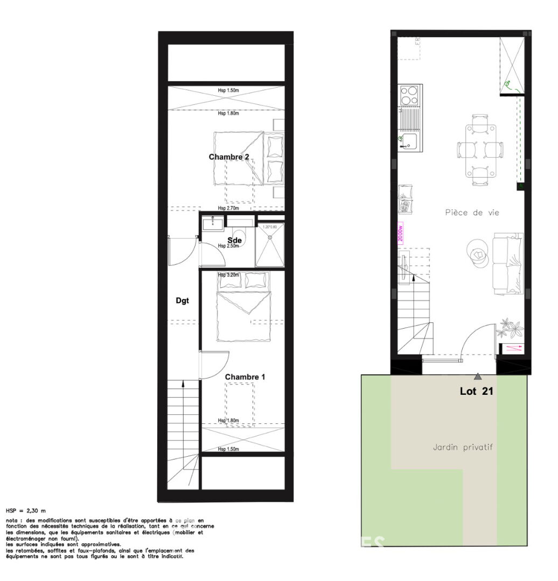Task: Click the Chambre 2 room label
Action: pyautogui.click(x=229, y=157)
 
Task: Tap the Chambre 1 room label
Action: pyautogui.click(x=245, y=377)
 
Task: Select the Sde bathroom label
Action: pyautogui.click(x=234, y=240)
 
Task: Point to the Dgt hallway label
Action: pyautogui.click(x=183, y=301)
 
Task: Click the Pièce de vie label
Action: pyautogui.click(x=472, y=212)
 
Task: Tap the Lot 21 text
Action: pyautogui.click(x=476, y=392)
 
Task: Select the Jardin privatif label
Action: pyautogui.click(x=463, y=447)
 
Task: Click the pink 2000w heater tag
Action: pyautogui.click(x=400, y=234)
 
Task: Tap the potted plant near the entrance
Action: pyautogui.click(x=510, y=327)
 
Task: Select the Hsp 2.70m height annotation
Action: pyautogui.click(x=228, y=208)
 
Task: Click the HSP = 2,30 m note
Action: pyautogui.click(x=26, y=510)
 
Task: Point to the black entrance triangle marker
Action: pyautogui.click(x=478, y=377)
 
